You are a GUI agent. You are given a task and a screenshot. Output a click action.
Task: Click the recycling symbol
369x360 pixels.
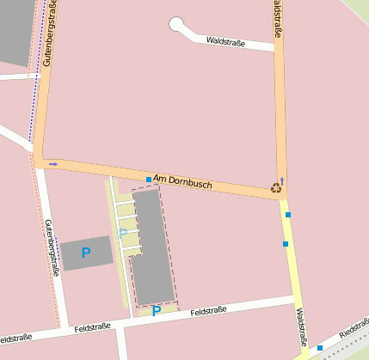coord(276,186)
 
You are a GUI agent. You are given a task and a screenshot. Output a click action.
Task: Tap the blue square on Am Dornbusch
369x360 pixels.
coord(148,180)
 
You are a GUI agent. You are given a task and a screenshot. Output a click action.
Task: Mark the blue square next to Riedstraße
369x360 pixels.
coord(320,348)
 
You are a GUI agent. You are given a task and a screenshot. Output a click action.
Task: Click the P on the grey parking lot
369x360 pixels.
coord(85,253)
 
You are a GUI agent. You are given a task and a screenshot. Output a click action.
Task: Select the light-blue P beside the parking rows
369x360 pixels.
coord(122,233)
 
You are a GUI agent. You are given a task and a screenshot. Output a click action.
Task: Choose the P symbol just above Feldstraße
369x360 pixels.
coord(156,311)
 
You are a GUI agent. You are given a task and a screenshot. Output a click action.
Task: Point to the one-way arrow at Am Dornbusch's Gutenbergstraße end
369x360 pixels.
coord(53,163)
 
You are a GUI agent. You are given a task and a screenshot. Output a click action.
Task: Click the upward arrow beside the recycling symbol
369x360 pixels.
coord(282,181)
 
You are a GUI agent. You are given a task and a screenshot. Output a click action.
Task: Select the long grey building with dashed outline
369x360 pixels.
coord(151,245)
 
